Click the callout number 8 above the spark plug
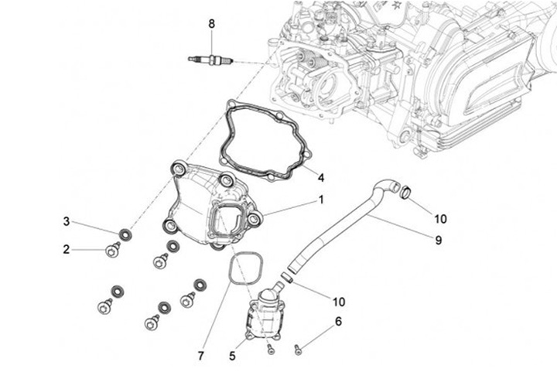click(x=211, y=24)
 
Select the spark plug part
click(x=210, y=60)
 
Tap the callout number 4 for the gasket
click(x=321, y=178)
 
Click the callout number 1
click(x=321, y=200)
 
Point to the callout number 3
click(x=67, y=222)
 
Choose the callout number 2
click(x=67, y=249)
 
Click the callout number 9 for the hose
click(x=439, y=241)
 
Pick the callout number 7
click(x=201, y=356)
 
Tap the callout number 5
click(x=232, y=356)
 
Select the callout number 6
click(x=338, y=322)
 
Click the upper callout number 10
click(x=440, y=219)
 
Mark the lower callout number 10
click(x=339, y=302)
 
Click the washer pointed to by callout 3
click(x=125, y=235)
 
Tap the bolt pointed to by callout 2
click(x=113, y=251)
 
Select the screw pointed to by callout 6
click(x=298, y=350)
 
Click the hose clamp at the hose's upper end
click(x=405, y=192)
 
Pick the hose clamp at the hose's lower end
click(x=287, y=277)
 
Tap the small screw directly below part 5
click(x=271, y=350)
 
